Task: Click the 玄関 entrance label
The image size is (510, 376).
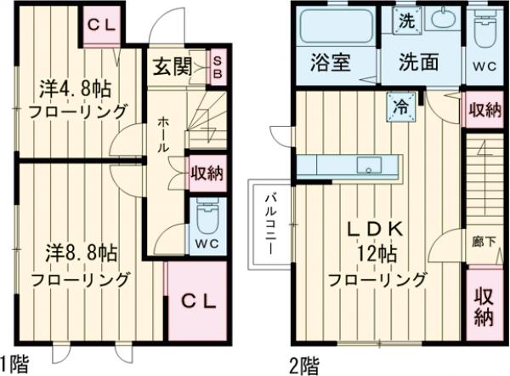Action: [x=170, y=66]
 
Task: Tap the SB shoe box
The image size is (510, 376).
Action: [x=217, y=66]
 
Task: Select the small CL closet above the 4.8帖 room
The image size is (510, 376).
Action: [x=102, y=25]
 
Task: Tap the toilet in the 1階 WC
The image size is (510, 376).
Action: [x=207, y=220]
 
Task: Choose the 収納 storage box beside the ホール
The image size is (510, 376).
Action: [x=207, y=173]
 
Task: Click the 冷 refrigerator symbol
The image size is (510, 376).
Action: [x=399, y=106]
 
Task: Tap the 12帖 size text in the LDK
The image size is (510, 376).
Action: [x=377, y=254]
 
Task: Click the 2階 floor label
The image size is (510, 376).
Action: [x=305, y=366]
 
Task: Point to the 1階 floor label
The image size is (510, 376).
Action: [x=14, y=366]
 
